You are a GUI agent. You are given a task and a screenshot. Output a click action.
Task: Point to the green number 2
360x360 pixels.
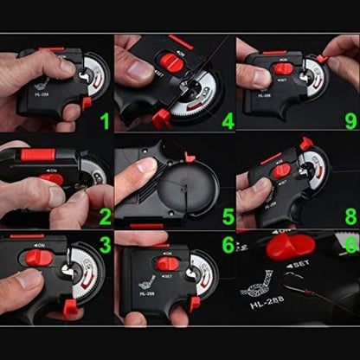coord(104,215)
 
